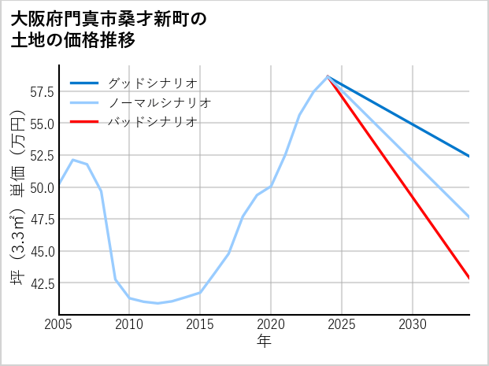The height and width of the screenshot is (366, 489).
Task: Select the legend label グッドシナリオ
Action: coord(152,83)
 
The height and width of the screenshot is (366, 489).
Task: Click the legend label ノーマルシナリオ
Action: coord(159,102)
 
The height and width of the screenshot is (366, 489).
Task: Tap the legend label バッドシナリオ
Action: coord(152,122)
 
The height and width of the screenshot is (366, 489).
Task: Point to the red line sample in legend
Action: coord(85,122)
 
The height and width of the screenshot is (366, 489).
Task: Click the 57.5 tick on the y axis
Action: coord(42,92)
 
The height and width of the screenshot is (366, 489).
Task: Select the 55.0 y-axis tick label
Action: coord(42,124)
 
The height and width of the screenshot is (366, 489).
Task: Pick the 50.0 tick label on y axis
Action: coord(42,187)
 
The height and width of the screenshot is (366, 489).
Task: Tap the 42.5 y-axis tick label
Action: coord(42,283)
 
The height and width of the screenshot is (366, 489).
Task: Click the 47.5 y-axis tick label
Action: coord(42,220)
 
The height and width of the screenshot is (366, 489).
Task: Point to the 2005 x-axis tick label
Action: coord(59,324)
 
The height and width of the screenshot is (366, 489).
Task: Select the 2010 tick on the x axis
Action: coord(130,324)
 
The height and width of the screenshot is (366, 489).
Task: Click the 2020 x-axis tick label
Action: coord(271,324)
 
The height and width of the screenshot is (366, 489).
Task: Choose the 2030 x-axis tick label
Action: coord(413,324)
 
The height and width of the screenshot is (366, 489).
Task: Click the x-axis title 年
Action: coord(264,342)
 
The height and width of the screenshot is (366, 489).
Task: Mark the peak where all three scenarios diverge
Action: coord(328,76)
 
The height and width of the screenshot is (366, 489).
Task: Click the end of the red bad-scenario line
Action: coord(469,278)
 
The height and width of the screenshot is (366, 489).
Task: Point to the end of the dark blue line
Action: coord(469,156)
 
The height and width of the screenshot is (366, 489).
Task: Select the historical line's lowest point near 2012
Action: coord(158,303)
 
